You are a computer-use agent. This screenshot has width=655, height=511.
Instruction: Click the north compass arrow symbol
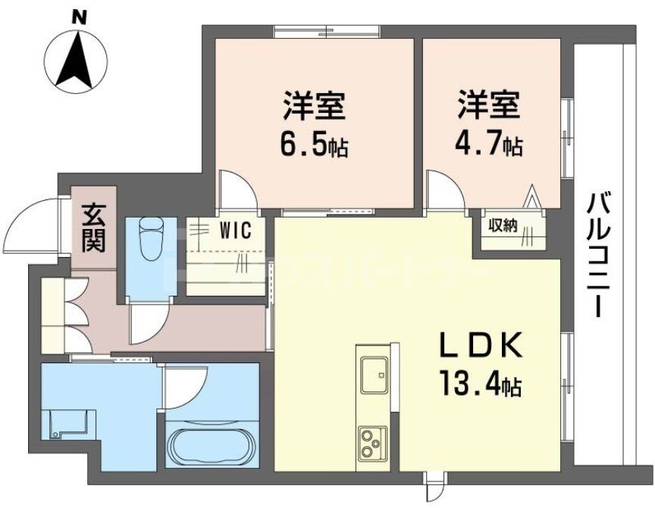[x=75, y=60]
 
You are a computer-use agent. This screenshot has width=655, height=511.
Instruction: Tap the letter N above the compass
[x=75, y=14]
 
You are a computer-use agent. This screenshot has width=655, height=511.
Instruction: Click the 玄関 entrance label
[x=94, y=227]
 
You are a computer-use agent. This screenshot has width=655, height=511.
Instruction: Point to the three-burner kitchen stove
[x=372, y=442]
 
